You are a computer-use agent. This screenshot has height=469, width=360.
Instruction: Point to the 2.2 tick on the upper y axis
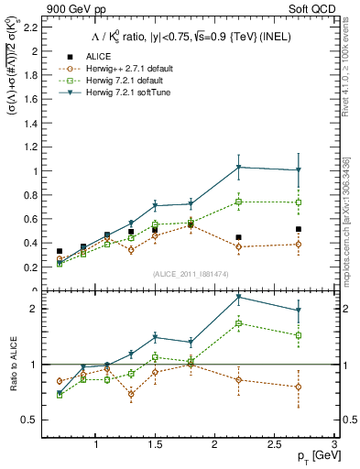click(x=30, y=27)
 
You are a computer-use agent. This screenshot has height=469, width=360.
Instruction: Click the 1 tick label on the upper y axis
click(x=35, y=171)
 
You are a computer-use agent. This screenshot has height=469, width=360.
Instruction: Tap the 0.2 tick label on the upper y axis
click(x=30, y=267)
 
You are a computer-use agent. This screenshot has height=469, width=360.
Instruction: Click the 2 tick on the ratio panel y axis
click(x=35, y=309)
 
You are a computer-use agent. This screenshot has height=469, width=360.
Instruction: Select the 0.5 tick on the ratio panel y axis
click(x=30, y=420)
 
